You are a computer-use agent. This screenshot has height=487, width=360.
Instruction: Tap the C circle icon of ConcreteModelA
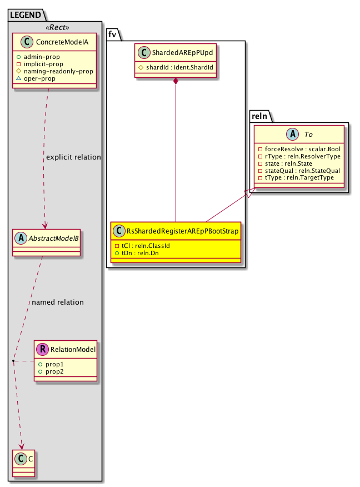(23, 41)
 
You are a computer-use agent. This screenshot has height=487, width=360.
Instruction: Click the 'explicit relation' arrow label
(73, 157)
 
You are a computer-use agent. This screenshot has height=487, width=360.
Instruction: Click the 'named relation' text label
(58, 302)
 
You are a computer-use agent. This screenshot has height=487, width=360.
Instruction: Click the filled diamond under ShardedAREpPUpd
(176, 82)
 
